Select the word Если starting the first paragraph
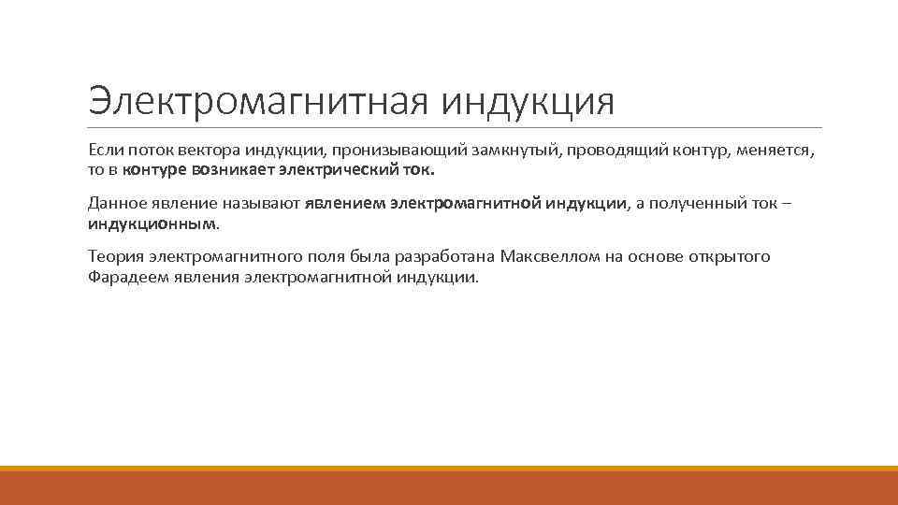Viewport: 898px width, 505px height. [104, 150]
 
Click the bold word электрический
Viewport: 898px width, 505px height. [328, 171]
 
